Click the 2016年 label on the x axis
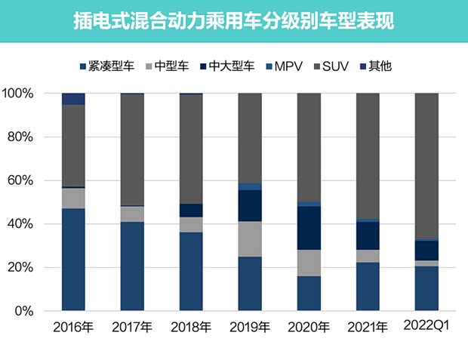(x=73, y=328)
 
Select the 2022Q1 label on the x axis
(x=427, y=328)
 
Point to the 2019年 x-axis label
(x=250, y=328)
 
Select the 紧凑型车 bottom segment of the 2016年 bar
(x=73, y=260)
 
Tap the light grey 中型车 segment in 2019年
(x=250, y=238)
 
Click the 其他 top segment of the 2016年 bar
(x=73, y=99)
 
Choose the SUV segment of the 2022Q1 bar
(x=427, y=166)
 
